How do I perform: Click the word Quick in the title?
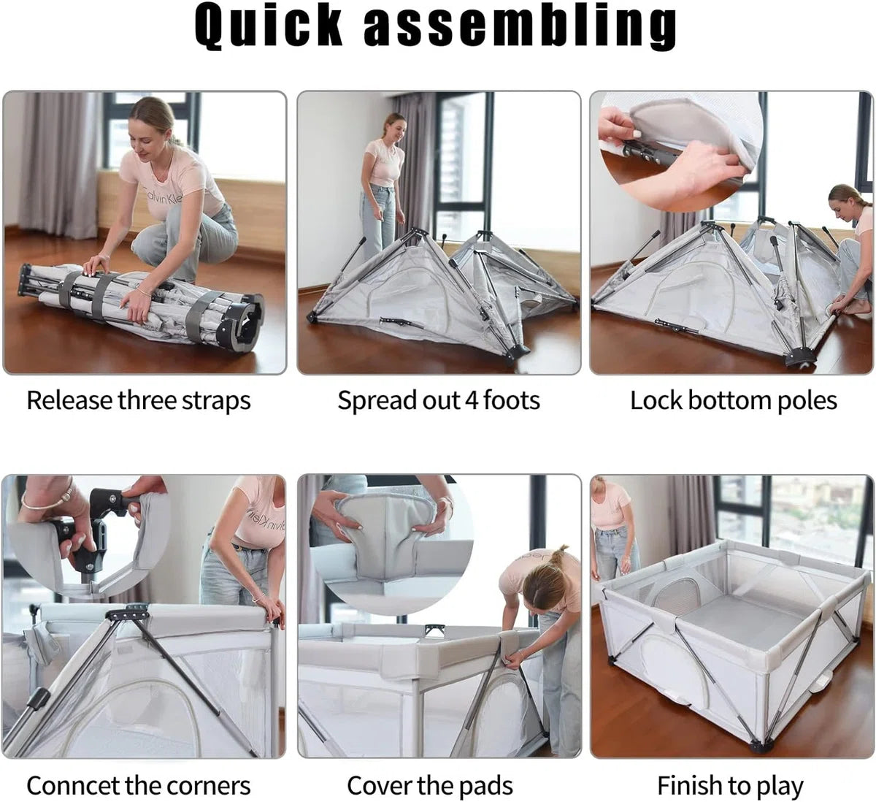point(268,26)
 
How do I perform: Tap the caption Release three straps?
point(139,400)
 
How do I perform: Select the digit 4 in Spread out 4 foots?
point(472,400)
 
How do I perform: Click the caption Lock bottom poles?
point(733,400)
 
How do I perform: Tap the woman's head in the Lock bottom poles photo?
point(844,202)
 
